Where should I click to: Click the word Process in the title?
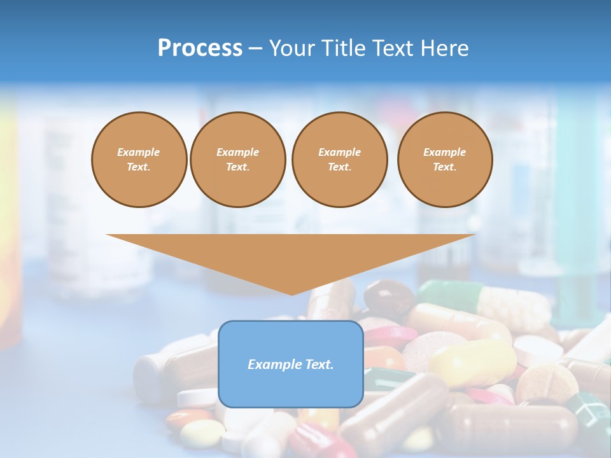point(200,48)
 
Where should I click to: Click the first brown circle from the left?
point(139,160)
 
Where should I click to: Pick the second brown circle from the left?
point(237,160)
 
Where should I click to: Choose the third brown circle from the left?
point(339,160)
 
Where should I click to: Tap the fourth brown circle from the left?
point(445,160)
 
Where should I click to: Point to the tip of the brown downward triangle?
point(291,293)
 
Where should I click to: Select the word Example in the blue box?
point(274,364)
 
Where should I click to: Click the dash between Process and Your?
point(255,48)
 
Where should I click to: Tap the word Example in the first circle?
point(139,152)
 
